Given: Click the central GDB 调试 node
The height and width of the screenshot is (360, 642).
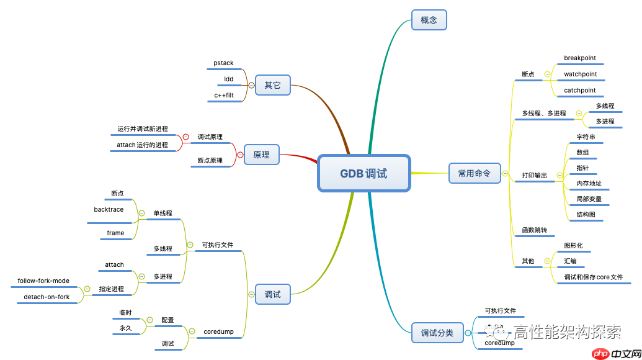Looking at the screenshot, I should [x=363, y=173].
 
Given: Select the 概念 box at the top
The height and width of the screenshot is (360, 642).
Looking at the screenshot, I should [x=429, y=20].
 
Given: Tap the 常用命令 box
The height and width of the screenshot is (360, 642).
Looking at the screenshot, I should [x=474, y=173].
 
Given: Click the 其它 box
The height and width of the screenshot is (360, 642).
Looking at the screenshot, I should [x=272, y=85].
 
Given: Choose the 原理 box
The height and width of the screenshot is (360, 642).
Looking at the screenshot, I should [x=261, y=155].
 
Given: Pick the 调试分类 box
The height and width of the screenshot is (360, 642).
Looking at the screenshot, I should [x=437, y=333].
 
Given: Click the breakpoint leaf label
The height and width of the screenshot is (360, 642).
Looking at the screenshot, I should [x=579, y=58].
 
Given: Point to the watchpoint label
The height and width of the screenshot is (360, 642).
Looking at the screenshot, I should [x=580, y=74].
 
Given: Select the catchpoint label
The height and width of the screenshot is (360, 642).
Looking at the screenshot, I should [x=579, y=91].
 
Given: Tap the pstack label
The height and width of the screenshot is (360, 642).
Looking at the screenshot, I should [x=223, y=63].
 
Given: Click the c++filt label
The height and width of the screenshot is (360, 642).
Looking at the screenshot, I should [x=224, y=96].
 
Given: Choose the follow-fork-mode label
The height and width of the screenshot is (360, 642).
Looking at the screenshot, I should [x=43, y=281].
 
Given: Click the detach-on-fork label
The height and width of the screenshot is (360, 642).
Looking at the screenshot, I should [x=47, y=297].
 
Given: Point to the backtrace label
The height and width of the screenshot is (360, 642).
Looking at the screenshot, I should [x=109, y=210].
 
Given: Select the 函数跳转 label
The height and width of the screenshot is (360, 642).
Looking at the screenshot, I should [x=534, y=230].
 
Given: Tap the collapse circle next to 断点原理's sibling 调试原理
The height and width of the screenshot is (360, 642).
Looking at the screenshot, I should [x=185, y=137].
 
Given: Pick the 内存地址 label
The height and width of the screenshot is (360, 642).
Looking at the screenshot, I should [x=589, y=184].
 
